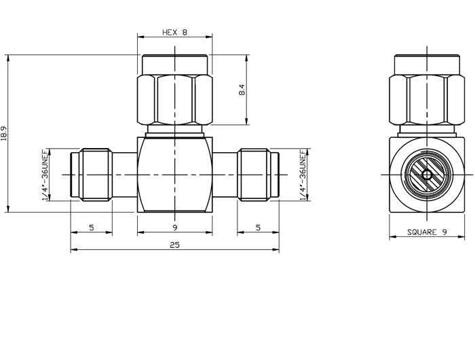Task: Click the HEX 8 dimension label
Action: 174,32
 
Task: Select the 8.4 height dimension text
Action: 242,90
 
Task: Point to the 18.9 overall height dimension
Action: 5,133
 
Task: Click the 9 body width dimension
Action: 174,228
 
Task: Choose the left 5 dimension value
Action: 92,228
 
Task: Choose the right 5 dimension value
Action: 258,228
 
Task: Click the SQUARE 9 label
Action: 427,232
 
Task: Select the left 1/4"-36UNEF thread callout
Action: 45,175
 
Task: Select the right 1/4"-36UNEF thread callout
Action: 303,175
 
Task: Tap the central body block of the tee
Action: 174,175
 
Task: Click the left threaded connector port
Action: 91,175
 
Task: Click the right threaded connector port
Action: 258,175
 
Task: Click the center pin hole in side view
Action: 426,175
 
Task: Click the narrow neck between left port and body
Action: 124,175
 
